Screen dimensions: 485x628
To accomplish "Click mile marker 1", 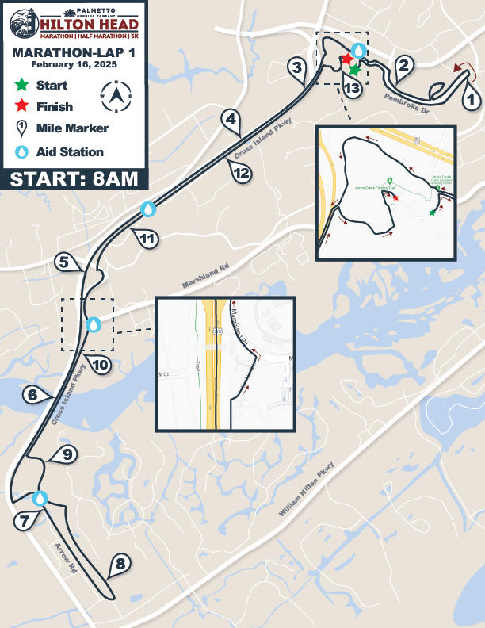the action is click(470, 100).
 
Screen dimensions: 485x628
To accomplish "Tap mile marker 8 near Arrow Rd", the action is click(120, 565).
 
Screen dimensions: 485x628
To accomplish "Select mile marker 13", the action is click(353, 89).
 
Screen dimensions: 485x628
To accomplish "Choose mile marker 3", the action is click(297, 67).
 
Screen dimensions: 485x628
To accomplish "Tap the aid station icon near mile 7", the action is click(40, 498).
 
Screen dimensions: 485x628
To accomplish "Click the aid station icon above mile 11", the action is click(147, 209).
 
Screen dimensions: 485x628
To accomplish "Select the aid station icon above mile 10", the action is click(94, 324).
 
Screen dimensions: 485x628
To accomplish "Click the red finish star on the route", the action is click(346, 59).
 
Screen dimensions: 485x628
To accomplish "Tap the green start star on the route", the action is click(354, 70).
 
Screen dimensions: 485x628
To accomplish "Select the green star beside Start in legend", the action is click(21, 84).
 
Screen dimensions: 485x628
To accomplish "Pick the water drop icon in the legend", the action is click(21, 151).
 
